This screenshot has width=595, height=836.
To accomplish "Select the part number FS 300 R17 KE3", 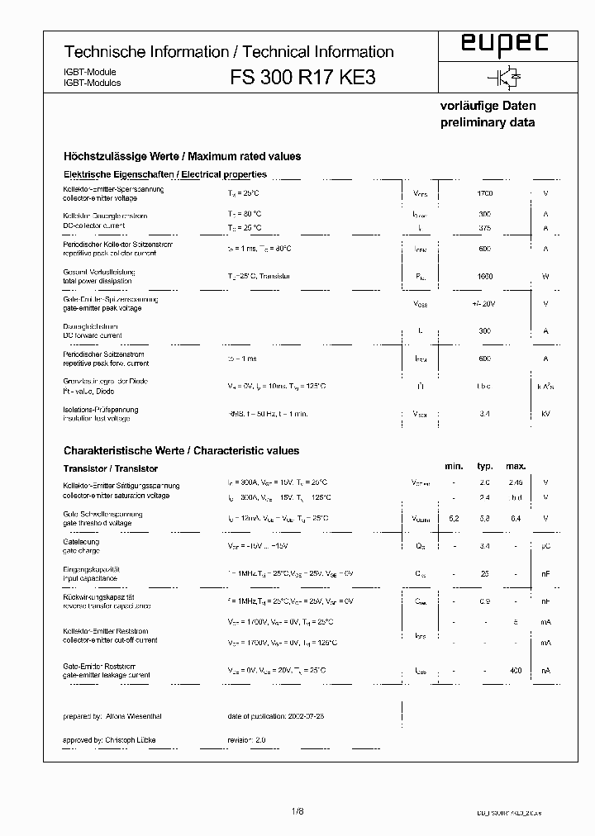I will (x=307, y=78).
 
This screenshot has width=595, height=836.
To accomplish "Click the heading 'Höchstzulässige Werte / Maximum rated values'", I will (x=182, y=156).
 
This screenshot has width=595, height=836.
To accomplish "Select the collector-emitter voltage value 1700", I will (x=484, y=192).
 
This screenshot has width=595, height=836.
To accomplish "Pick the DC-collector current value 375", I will (x=484, y=226).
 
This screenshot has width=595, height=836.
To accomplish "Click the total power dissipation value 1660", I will (x=484, y=277).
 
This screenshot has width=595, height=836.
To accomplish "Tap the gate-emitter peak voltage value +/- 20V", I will (x=484, y=303).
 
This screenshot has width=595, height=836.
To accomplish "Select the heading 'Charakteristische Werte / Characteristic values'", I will (x=181, y=451).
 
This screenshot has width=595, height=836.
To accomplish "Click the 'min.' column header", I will (x=454, y=467).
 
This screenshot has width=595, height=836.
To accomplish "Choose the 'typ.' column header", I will (x=485, y=467).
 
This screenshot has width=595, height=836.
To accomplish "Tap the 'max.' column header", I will (x=516, y=467).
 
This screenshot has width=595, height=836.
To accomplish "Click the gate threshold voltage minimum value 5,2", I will (x=454, y=518).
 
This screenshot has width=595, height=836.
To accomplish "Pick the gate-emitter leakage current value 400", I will (x=516, y=672).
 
